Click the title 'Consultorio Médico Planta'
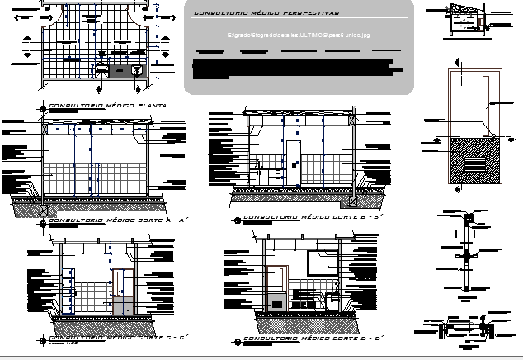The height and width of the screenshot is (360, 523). [109, 107]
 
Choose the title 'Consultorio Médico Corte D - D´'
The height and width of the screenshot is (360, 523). [309, 339]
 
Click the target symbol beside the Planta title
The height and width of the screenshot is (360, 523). [42, 107]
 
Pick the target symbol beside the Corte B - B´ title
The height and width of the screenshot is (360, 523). [238, 220]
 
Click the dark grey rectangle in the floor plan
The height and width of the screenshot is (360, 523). [125, 73]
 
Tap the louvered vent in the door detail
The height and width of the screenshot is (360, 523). [475, 166]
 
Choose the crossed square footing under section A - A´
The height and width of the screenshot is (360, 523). [43, 210]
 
